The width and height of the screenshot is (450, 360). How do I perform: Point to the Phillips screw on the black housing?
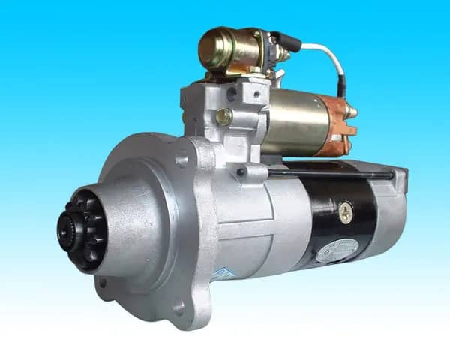[x=345, y=212]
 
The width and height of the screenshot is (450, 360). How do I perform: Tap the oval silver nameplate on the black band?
[x=334, y=250]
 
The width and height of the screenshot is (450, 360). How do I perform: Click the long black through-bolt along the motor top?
[x=330, y=174]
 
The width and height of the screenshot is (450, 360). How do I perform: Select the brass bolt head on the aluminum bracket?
[x=224, y=116]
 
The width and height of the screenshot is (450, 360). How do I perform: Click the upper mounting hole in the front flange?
[x=181, y=159]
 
